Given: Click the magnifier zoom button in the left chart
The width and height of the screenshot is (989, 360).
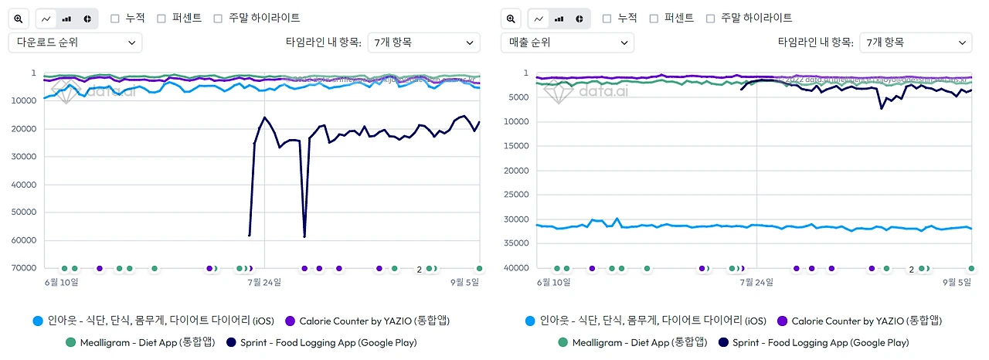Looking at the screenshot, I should (x=19, y=19).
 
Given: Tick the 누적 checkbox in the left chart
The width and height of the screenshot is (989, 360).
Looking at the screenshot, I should (x=115, y=18).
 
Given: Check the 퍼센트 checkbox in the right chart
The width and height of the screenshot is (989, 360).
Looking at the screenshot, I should (x=654, y=18).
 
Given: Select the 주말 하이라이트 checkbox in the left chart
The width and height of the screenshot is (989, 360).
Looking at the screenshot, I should (x=218, y=18).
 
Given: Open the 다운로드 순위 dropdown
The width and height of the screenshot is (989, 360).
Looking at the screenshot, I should (x=75, y=42).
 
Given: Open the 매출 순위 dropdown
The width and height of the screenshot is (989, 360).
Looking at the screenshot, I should (x=567, y=42).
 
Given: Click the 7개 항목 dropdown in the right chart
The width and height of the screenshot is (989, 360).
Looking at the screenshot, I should (x=915, y=42).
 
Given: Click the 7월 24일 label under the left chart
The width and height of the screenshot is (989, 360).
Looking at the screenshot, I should (x=264, y=282).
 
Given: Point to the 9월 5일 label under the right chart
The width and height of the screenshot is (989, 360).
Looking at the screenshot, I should (x=955, y=282).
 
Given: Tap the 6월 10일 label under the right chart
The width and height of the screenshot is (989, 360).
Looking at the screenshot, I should (x=556, y=282).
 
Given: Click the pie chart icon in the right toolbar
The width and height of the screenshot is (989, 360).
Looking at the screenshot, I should (x=579, y=19).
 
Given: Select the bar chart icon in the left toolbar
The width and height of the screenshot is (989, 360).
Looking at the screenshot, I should (x=66, y=19).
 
